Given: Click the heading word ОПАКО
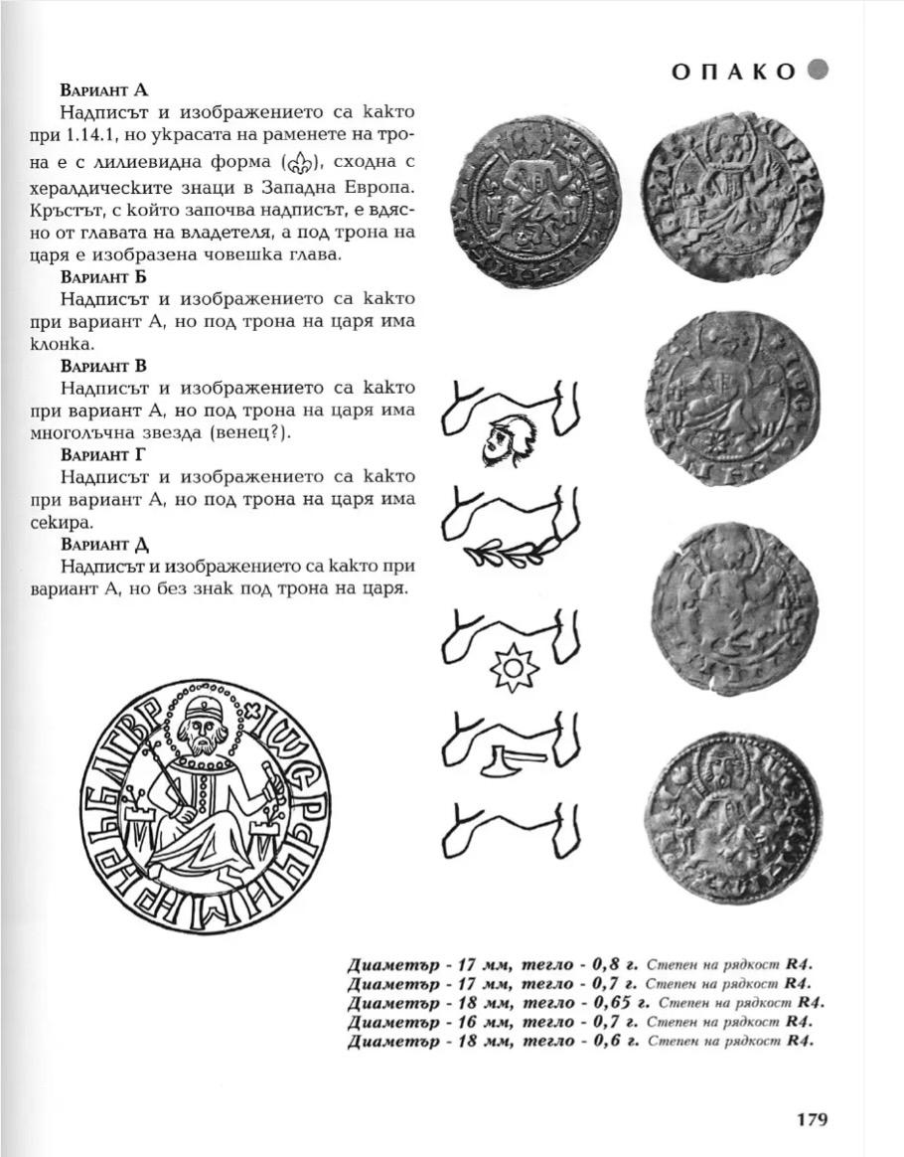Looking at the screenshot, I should [x=733, y=72].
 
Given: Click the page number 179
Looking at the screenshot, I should [x=812, y=1119].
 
